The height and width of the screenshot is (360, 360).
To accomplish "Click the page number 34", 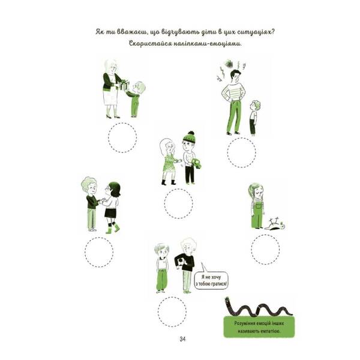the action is coord(182,339).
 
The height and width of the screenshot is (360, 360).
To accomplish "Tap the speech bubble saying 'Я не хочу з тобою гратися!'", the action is coord(211,279).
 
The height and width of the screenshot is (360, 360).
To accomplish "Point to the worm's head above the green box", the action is coord(227,299).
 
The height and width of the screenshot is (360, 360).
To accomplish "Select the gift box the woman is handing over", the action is coord(124,85).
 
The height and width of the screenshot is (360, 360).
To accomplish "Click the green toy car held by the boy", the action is coord(197,163).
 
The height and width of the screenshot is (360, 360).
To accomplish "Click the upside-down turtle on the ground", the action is coord(275,224).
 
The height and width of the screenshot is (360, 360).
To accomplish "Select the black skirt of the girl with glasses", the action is coord(110,212).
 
